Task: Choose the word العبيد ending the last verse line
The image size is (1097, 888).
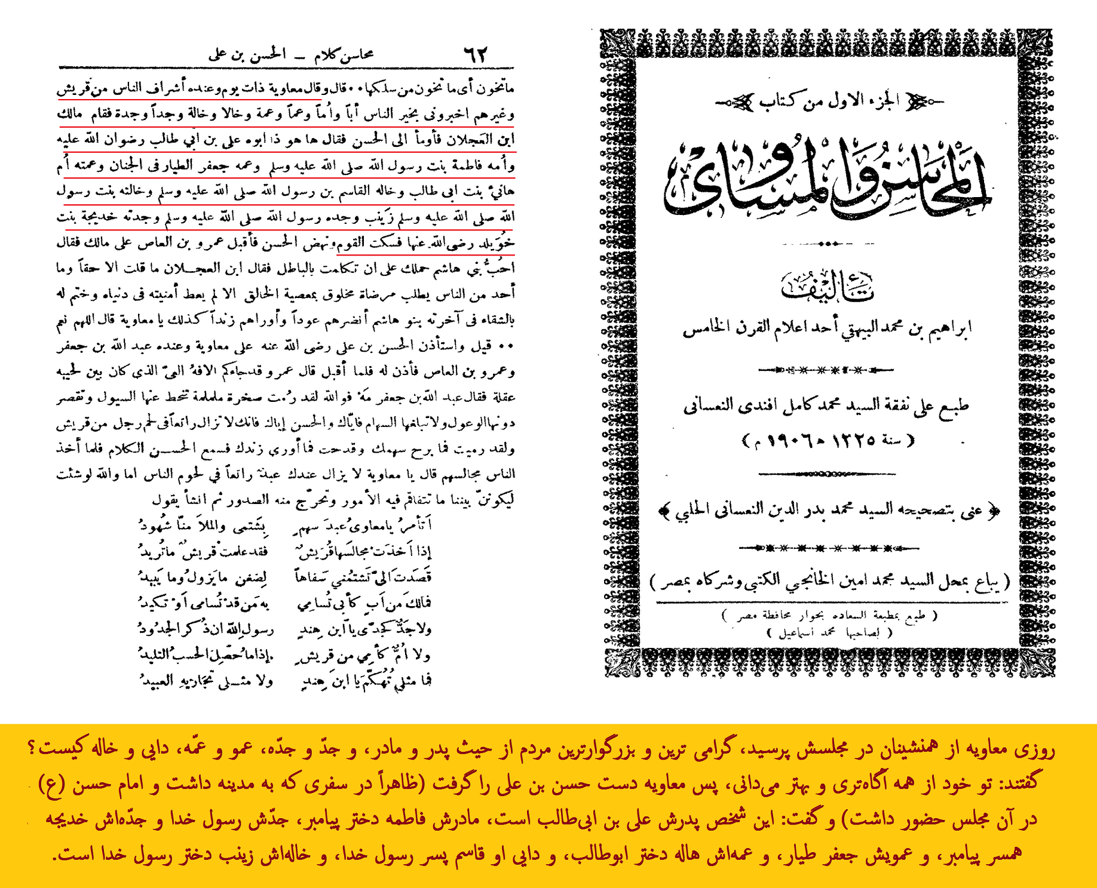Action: coord(157,680)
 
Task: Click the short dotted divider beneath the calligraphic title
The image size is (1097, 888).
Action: coord(827,244)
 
